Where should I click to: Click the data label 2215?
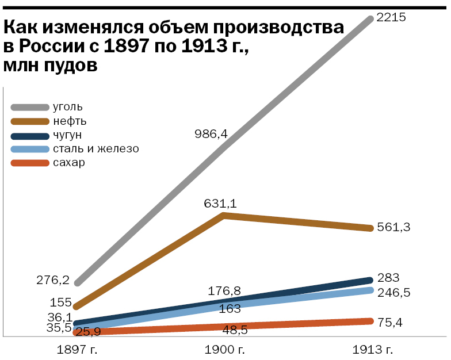click(x=391, y=17)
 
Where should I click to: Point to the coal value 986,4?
click(x=212, y=134)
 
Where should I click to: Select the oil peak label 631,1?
click(x=220, y=203)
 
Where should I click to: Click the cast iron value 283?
click(x=388, y=277)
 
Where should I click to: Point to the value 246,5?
click(x=393, y=293)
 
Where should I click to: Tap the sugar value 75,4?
click(x=390, y=322)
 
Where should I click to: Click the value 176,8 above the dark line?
click(x=224, y=290)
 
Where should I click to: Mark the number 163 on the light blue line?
click(x=230, y=309)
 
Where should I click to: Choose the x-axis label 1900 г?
click(x=224, y=349)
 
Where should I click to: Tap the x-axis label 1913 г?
click(x=372, y=349)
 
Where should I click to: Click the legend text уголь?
click(x=68, y=107)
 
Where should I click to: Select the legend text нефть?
click(x=70, y=121)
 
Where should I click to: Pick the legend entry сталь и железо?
click(x=95, y=149)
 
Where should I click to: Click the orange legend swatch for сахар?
click(x=30, y=163)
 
